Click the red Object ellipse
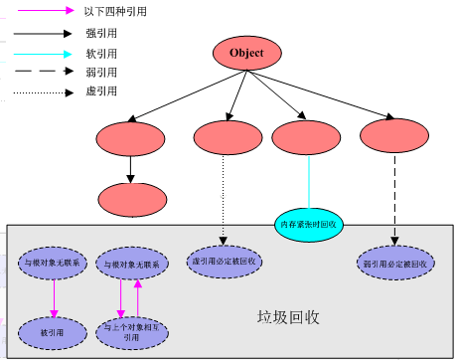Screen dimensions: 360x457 click(x=247, y=53)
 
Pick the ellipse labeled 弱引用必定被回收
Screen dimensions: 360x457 click(x=396, y=264)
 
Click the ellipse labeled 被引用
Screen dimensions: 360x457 click(x=52, y=327)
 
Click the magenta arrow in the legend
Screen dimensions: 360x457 click(x=44, y=10)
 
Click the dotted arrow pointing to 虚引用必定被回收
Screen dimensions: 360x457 click(x=224, y=199)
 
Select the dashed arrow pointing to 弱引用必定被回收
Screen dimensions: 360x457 click(x=396, y=199)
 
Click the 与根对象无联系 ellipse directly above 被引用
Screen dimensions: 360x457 click(x=52, y=264)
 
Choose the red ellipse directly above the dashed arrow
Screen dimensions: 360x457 click(x=394, y=136)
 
